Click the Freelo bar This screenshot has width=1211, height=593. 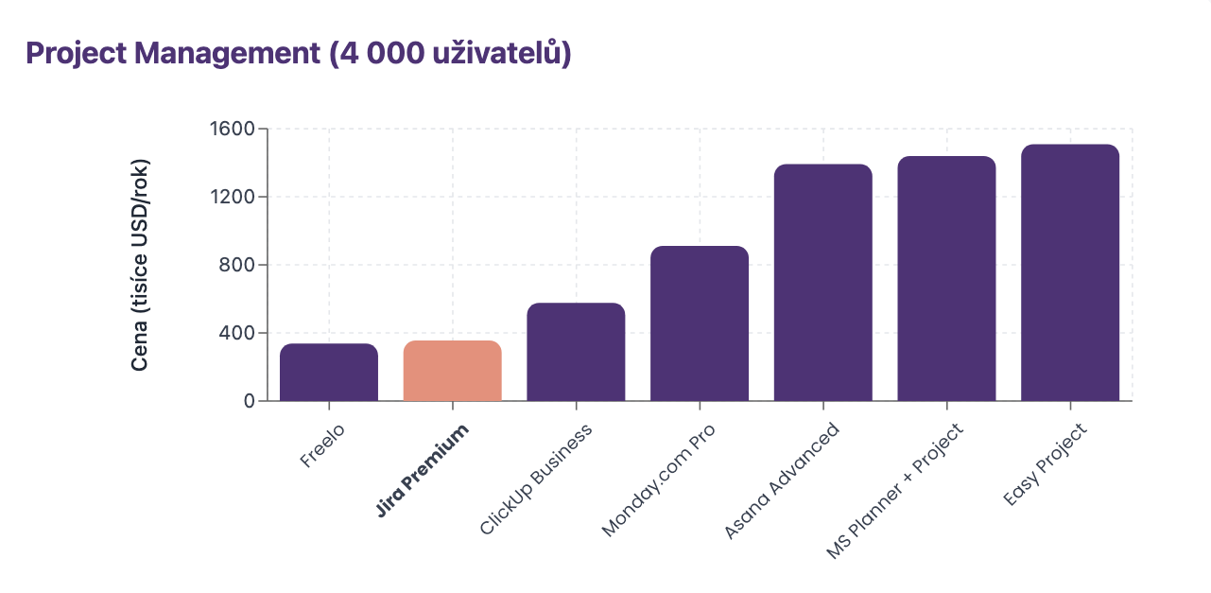(x=329, y=372)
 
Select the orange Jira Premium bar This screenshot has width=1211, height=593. (x=452, y=371)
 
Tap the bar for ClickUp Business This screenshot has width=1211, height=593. (x=576, y=352)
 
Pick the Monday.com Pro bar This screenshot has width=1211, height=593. (x=700, y=323)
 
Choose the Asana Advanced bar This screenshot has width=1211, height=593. (x=822, y=283)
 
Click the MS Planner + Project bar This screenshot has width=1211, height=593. (x=946, y=279)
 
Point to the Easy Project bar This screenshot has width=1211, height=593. (x=1070, y=272)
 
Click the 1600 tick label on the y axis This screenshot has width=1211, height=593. (x=232, y=129)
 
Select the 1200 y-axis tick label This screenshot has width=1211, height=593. (x=232, y=197)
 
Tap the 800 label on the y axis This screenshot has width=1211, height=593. (x=237, y=265)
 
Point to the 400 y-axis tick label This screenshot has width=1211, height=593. (x=237, y=333)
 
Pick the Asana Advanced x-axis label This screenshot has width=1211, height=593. (x=782, y=481)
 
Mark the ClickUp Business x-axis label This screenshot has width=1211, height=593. (x=536, y=480)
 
